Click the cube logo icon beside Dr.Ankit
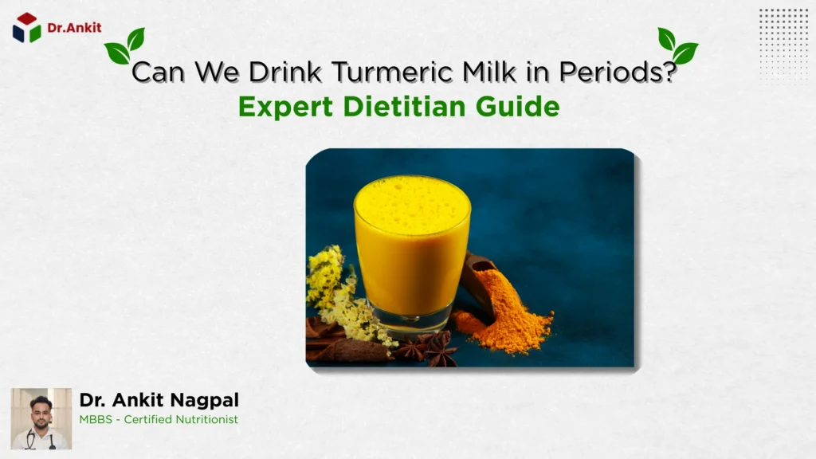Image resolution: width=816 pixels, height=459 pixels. (26, 28)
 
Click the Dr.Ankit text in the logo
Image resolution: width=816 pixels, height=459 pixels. (74, 27)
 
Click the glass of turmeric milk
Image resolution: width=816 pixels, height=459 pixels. (412, 255)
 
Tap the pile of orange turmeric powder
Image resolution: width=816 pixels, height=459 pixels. (510, 315)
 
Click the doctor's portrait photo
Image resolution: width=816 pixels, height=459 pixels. (41, 418)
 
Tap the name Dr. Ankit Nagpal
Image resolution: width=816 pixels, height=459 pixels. (159, 400)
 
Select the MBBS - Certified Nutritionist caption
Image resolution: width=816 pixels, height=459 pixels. (159, 419)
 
